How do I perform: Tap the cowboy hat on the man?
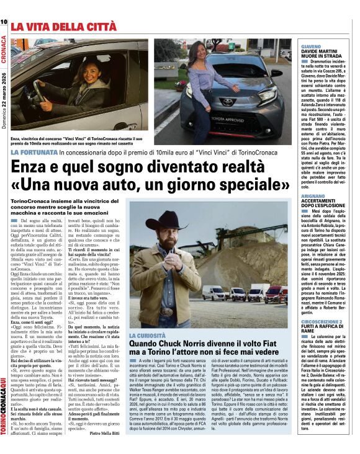[166, 222]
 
